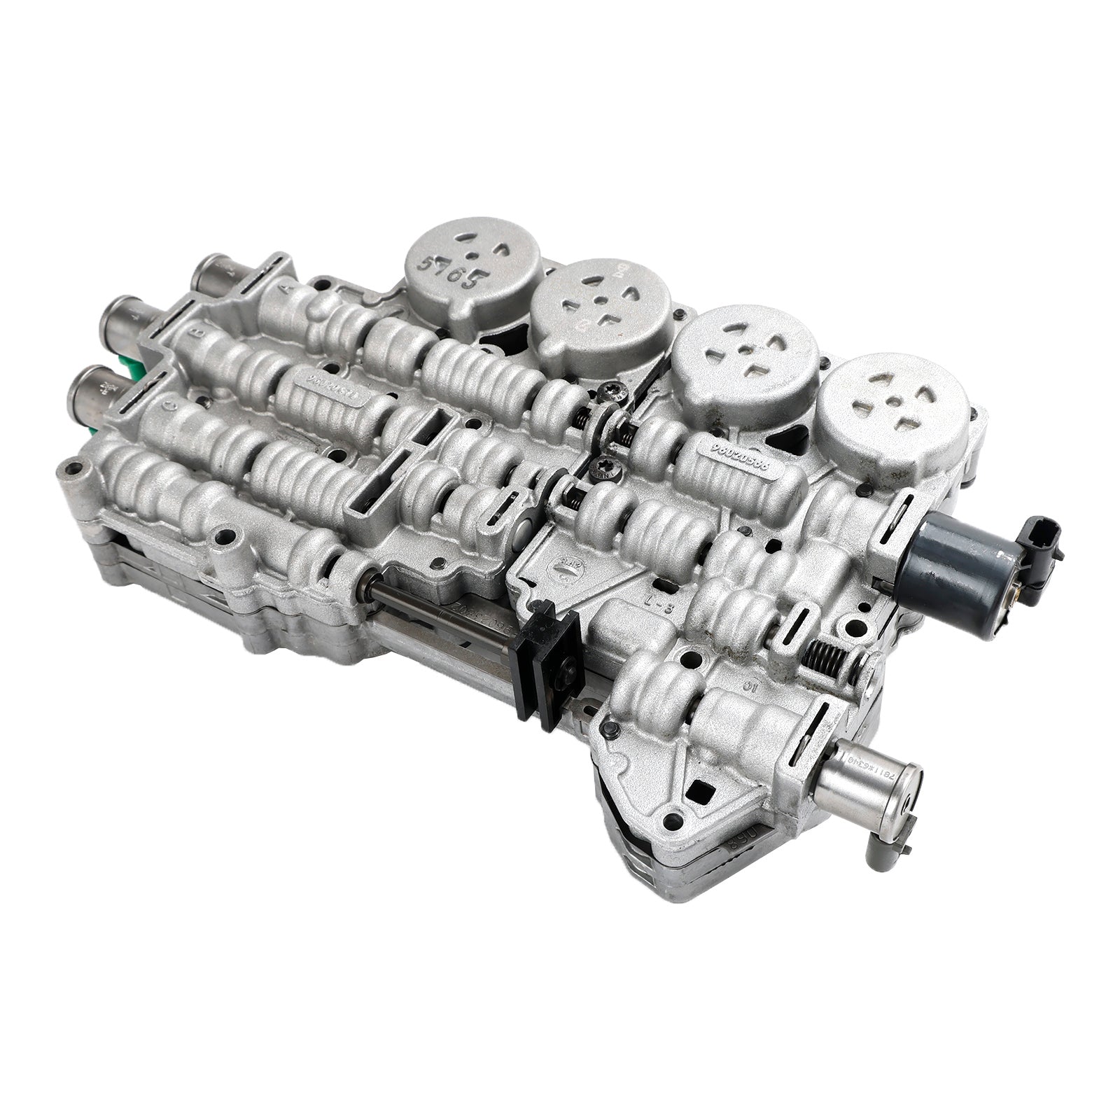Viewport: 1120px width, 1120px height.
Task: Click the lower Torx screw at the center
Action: [602, 465]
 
